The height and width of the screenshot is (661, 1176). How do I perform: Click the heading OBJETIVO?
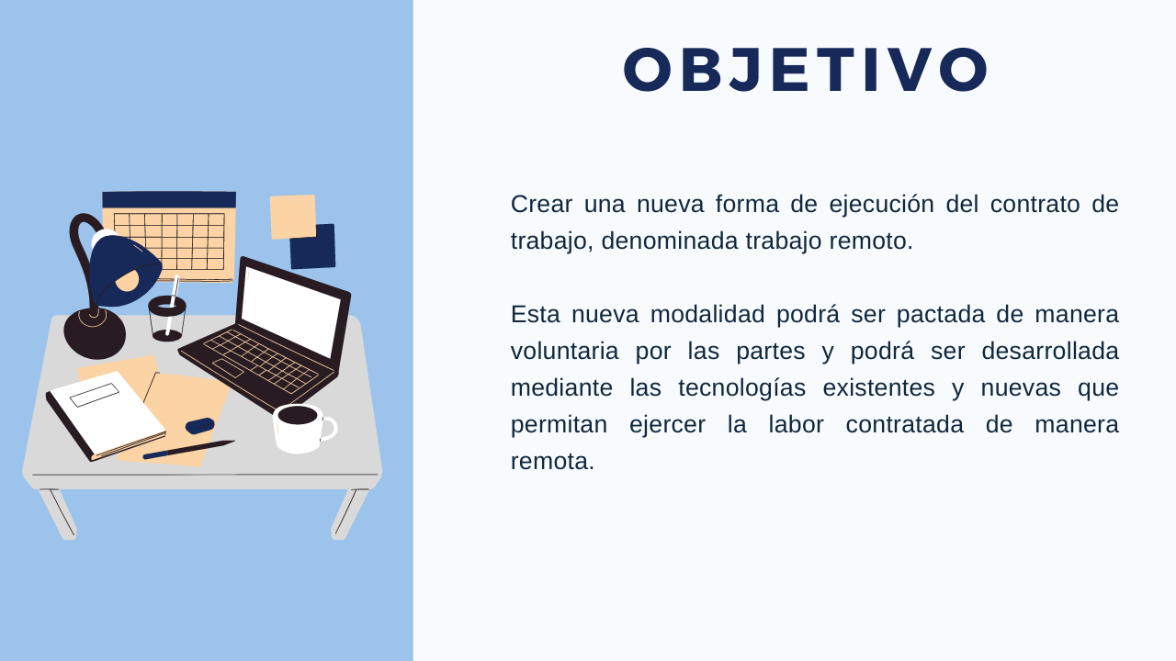coord(806,70)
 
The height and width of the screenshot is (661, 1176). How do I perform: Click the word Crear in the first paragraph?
coord(541,204)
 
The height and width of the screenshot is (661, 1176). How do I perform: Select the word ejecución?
coord(881,205)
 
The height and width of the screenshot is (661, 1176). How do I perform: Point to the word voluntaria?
coord(564,351)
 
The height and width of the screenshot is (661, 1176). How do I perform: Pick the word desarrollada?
coord(1050,351)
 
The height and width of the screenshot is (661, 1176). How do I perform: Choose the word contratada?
coord(905,424)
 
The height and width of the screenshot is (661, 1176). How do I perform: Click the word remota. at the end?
coord(552,462)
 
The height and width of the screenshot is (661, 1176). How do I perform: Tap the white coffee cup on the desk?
coord(303,429)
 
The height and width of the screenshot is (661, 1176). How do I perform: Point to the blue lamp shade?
coord(124,271)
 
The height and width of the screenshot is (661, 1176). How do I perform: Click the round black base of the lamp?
coord(95,333)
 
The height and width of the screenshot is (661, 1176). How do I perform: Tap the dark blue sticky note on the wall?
coord(314,248)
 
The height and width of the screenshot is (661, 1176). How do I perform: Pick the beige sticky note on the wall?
coord(293,217)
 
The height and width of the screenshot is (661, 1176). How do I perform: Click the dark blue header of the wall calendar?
coord(169,200)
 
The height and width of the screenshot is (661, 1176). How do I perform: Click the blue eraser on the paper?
coord(200,425)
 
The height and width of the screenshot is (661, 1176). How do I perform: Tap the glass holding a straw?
coord(167,319)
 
